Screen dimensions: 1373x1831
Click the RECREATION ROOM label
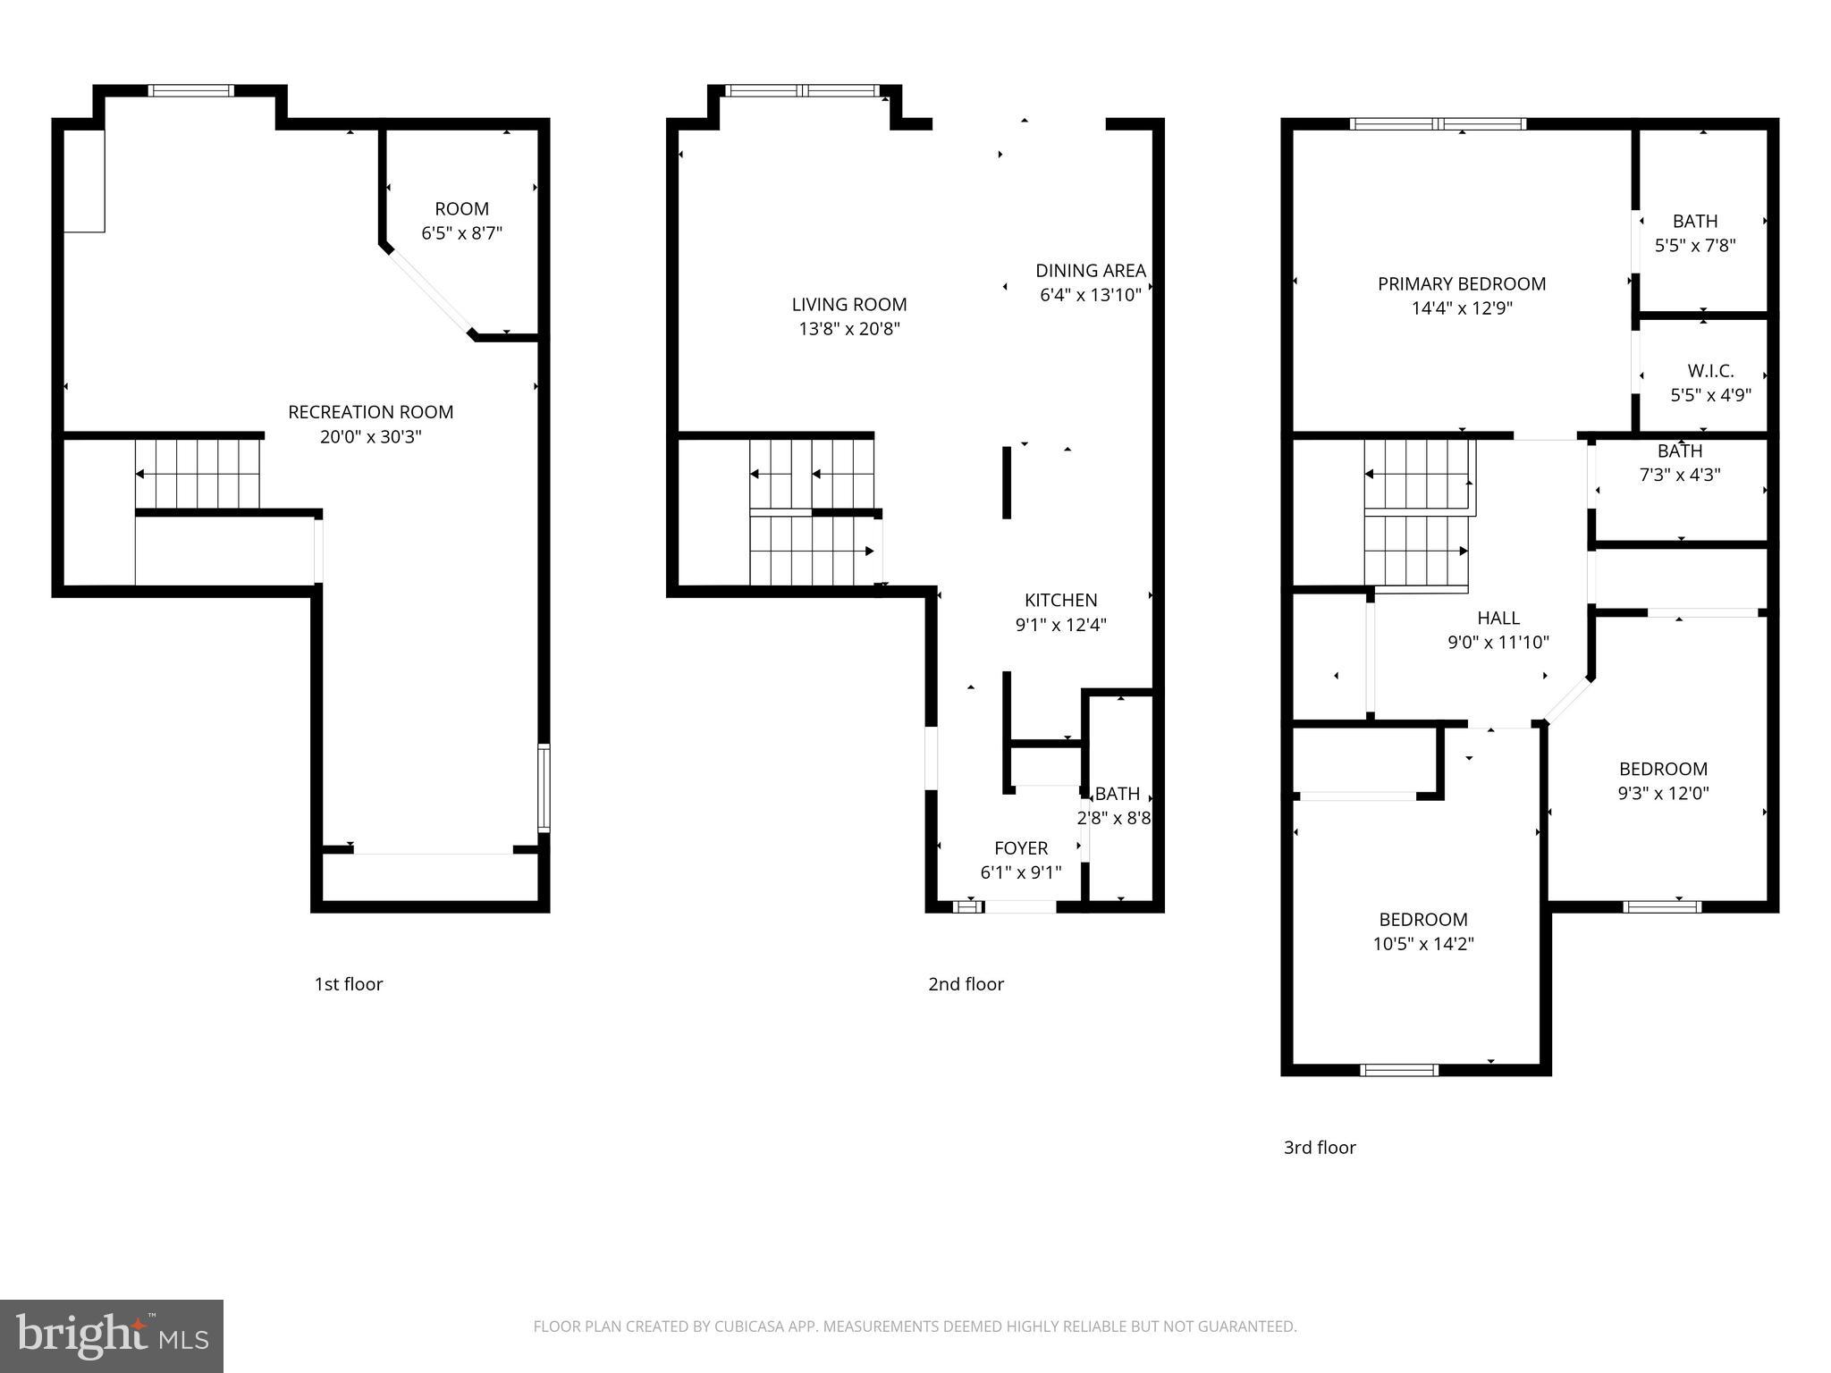[370, 412]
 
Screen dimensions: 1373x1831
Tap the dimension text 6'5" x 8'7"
[461, 233]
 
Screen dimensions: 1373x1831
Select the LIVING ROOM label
[848, 305]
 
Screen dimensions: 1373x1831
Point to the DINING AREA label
[1090, 270]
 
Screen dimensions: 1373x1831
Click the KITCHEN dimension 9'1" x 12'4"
[1060, 625]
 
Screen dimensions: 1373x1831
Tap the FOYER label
[1021, 847]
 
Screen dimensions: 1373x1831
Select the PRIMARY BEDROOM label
[1461, 284]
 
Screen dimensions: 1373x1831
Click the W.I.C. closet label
[1710, 370]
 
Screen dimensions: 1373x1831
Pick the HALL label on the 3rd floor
[1498, 618]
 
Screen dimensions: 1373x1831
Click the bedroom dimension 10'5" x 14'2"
[1422, 943]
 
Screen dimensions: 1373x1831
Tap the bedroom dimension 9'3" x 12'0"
[1663, 793]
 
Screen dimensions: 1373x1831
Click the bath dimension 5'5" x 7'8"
[1694, 245]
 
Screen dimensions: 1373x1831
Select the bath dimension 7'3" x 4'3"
[1679, 475]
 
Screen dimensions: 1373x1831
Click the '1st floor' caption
[348, 984]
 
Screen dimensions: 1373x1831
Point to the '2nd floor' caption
[966, 984]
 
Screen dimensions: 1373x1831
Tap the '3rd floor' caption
[1320, 1148]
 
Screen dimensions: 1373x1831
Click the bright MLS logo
[111, 1335]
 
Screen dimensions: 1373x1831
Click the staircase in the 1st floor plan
[198, 474]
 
